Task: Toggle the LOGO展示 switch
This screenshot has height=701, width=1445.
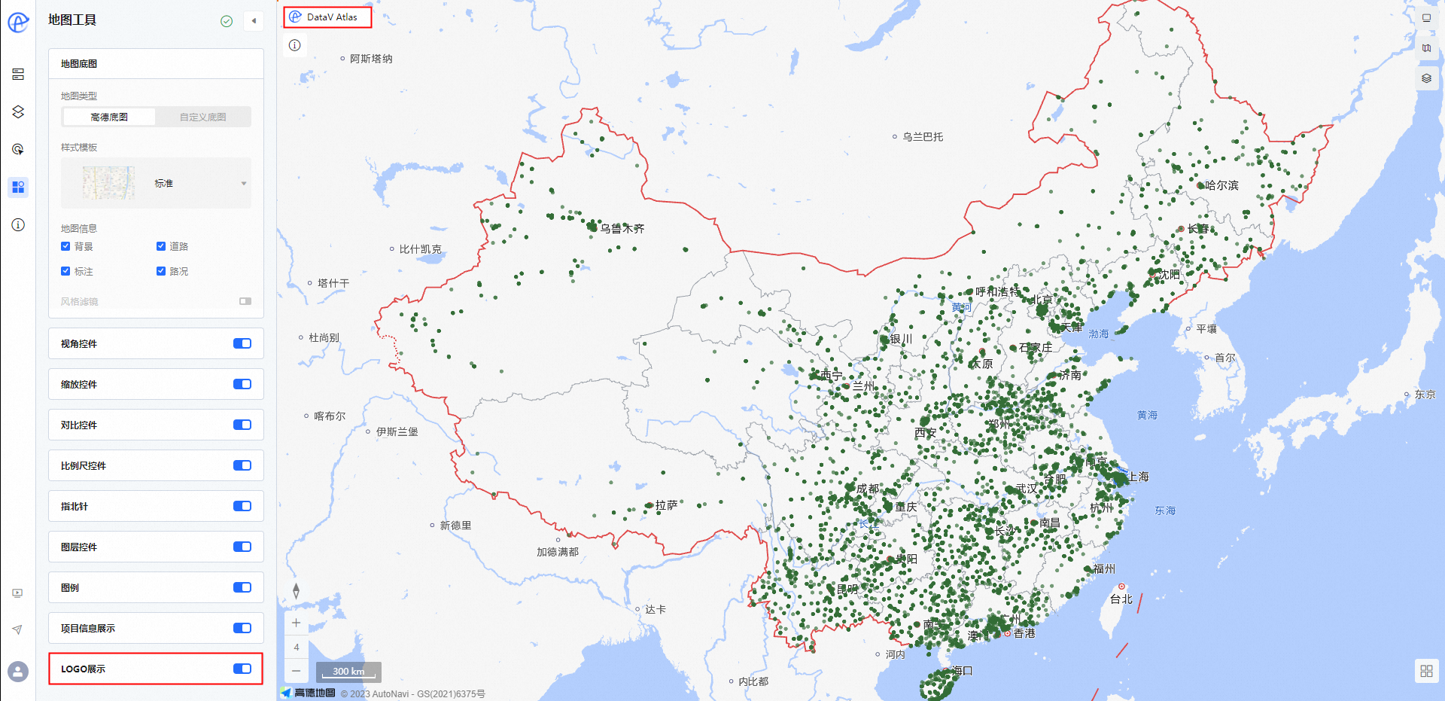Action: click(242, 669)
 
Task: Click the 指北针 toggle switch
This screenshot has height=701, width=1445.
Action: click(242, 506)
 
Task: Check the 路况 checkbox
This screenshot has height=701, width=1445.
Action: click(161, 271)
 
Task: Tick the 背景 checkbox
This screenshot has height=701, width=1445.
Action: click(65, 246)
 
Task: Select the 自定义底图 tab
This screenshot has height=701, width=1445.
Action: click(202, 117)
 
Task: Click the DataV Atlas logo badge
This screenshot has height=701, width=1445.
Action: click(327, 17)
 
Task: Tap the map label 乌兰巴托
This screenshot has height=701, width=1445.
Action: click(922, 137)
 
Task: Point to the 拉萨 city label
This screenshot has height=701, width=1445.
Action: click(666, 505)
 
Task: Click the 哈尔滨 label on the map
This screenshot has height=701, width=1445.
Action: click(1221, 185)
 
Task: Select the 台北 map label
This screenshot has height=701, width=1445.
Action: click(1121, 599)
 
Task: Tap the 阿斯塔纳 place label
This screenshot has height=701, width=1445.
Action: click(370, 59)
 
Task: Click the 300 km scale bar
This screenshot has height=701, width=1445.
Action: click(348, 671)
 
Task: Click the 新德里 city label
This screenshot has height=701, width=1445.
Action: click(455, 526)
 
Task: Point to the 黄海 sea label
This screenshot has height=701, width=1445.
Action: click(1147, 416)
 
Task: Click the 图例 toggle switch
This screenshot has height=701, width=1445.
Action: click(242, 587)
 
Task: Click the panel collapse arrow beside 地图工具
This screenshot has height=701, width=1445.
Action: click(254, 21)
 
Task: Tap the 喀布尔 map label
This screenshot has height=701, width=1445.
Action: click(329, 416)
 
